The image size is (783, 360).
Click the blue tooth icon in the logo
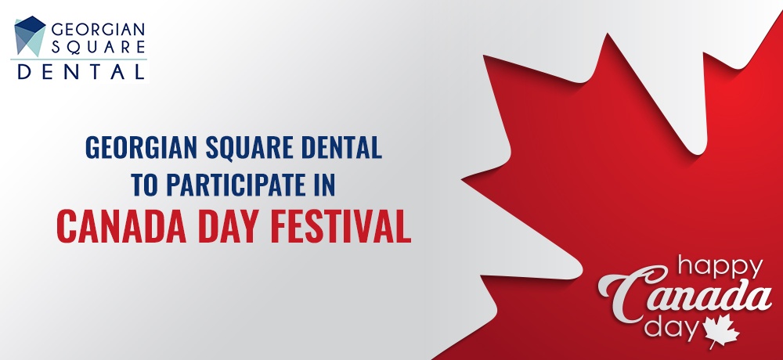coord(30,35)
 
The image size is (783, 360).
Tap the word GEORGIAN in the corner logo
coord(98,29)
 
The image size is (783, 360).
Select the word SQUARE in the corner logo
coord(98,47)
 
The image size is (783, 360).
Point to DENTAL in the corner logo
coord(81,71)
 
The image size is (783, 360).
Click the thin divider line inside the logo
coord(79,59)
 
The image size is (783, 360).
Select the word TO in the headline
coord(145,184)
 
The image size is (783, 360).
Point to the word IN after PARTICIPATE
coord(323,184)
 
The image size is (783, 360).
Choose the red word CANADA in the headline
coord(121,227)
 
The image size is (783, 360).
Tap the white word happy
coord(720,268)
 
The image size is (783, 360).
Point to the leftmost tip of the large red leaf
coord(461,180)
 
